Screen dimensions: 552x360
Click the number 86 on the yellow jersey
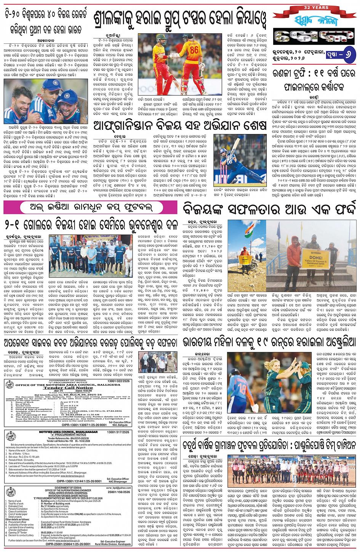pos(194,50)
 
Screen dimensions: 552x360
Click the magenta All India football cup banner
pos(90,208)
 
